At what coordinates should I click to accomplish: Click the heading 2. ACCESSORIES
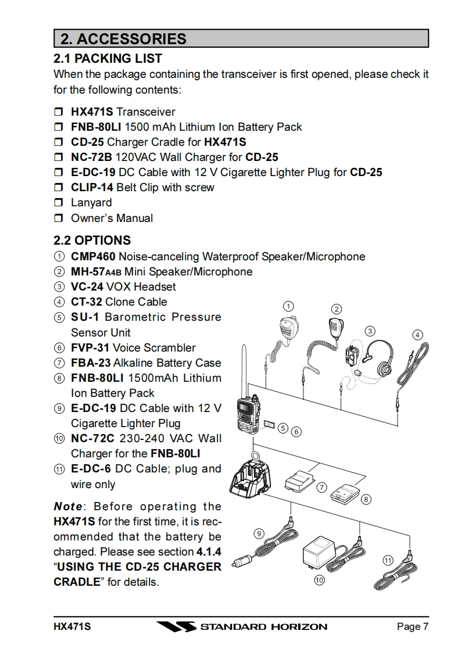click(x=123, y=39)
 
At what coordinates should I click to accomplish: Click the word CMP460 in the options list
click(x=93, y=256)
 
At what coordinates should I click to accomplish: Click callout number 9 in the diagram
click(x=259, y=533)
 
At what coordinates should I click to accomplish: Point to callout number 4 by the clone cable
click(x=417, y=335)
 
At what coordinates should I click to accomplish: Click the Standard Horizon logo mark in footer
click(x=175, y=627)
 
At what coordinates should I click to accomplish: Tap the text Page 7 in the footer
click(x=413, y=627)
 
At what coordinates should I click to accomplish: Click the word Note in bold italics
click(x=67, y=506)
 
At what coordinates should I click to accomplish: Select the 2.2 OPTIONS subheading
click(x=92, y=240)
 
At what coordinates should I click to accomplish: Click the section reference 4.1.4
click(x=208, y=551)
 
